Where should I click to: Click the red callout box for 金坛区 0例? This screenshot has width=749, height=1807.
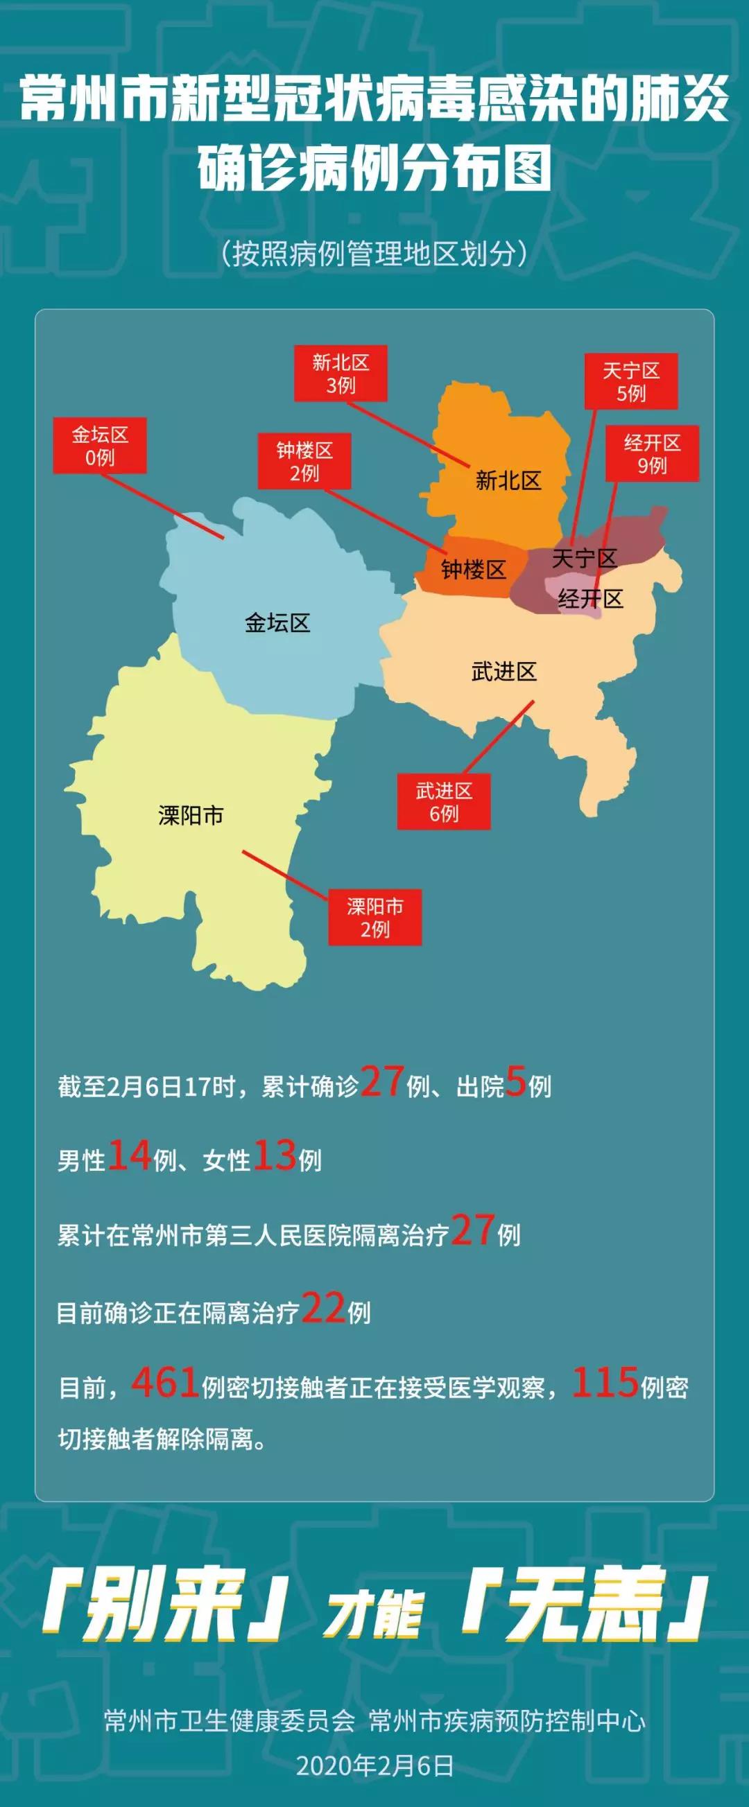pos(100,446)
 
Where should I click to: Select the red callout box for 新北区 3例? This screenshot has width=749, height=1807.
pos(341,373)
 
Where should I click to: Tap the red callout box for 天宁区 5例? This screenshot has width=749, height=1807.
pos(631,381)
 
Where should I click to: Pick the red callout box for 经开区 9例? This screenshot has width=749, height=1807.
pos(652,454)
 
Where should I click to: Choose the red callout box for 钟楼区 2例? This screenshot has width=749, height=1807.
pos(304,461)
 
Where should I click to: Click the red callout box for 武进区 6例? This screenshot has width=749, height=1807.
pos(444,802)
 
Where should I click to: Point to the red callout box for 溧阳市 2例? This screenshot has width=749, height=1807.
pos(375,918)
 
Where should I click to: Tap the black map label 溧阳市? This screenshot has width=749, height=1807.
pos(191,815)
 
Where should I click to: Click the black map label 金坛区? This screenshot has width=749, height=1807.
pos(277,622)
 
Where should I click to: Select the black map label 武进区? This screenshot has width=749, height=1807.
pos(504,672)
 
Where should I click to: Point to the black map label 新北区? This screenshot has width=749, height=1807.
pos(508,480)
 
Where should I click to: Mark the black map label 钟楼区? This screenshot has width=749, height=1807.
pos(473,570)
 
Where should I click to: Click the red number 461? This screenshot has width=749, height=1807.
pos(165,1383)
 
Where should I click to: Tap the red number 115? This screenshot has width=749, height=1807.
pos(605,1383)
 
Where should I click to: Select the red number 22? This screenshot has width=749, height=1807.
pos(324,1308)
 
